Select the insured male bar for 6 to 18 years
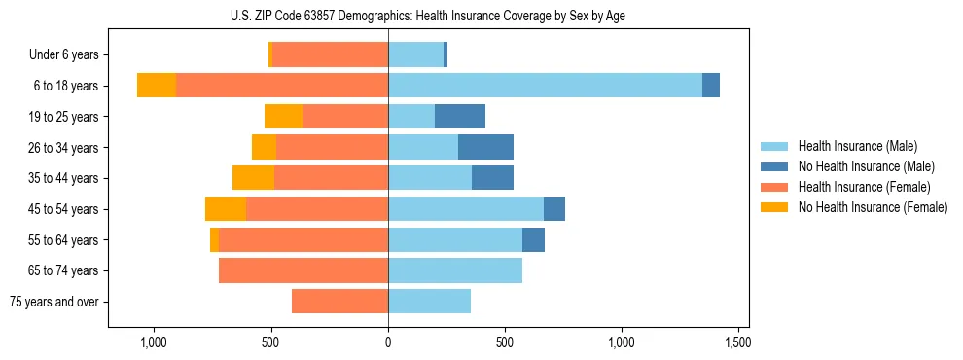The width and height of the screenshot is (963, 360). tap(545, 86)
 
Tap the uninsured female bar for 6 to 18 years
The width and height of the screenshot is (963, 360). tap(157, 86)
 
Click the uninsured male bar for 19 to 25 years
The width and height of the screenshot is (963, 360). tap(460, 117)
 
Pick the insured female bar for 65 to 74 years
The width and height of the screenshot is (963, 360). tap(303, 270)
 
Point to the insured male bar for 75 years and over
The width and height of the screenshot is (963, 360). tap(429, 302)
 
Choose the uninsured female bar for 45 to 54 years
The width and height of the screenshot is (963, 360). tap(226, 209)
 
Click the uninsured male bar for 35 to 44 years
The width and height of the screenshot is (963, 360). tap(492, 178)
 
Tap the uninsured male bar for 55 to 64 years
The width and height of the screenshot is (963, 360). tap(533, 239)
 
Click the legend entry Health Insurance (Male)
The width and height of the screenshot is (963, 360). tap(857, 146)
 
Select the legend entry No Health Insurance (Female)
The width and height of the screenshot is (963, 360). tap(873, 207)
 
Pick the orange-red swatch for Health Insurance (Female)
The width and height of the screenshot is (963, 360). tap(774, 187)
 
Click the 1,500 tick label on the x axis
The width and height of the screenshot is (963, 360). tap(737, 342)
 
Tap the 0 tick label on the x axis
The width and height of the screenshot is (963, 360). tap(388, 342)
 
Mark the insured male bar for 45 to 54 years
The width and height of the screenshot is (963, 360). tap(466, 209)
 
